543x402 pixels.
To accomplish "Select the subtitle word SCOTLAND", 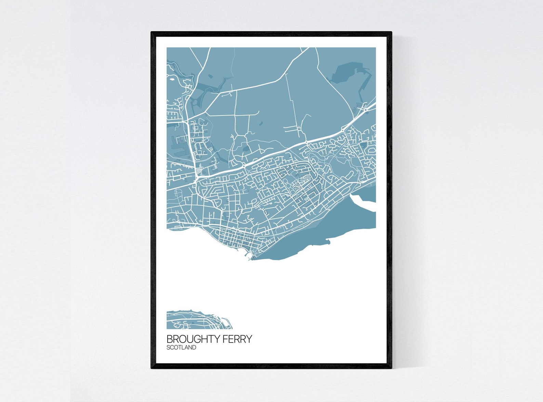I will pyautogui.click(x=181, y=348).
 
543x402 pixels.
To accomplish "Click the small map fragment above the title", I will pyautogui.click(x=198, y=320).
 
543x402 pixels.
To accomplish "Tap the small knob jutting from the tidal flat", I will pyautogui.click(x=329, y=242).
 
